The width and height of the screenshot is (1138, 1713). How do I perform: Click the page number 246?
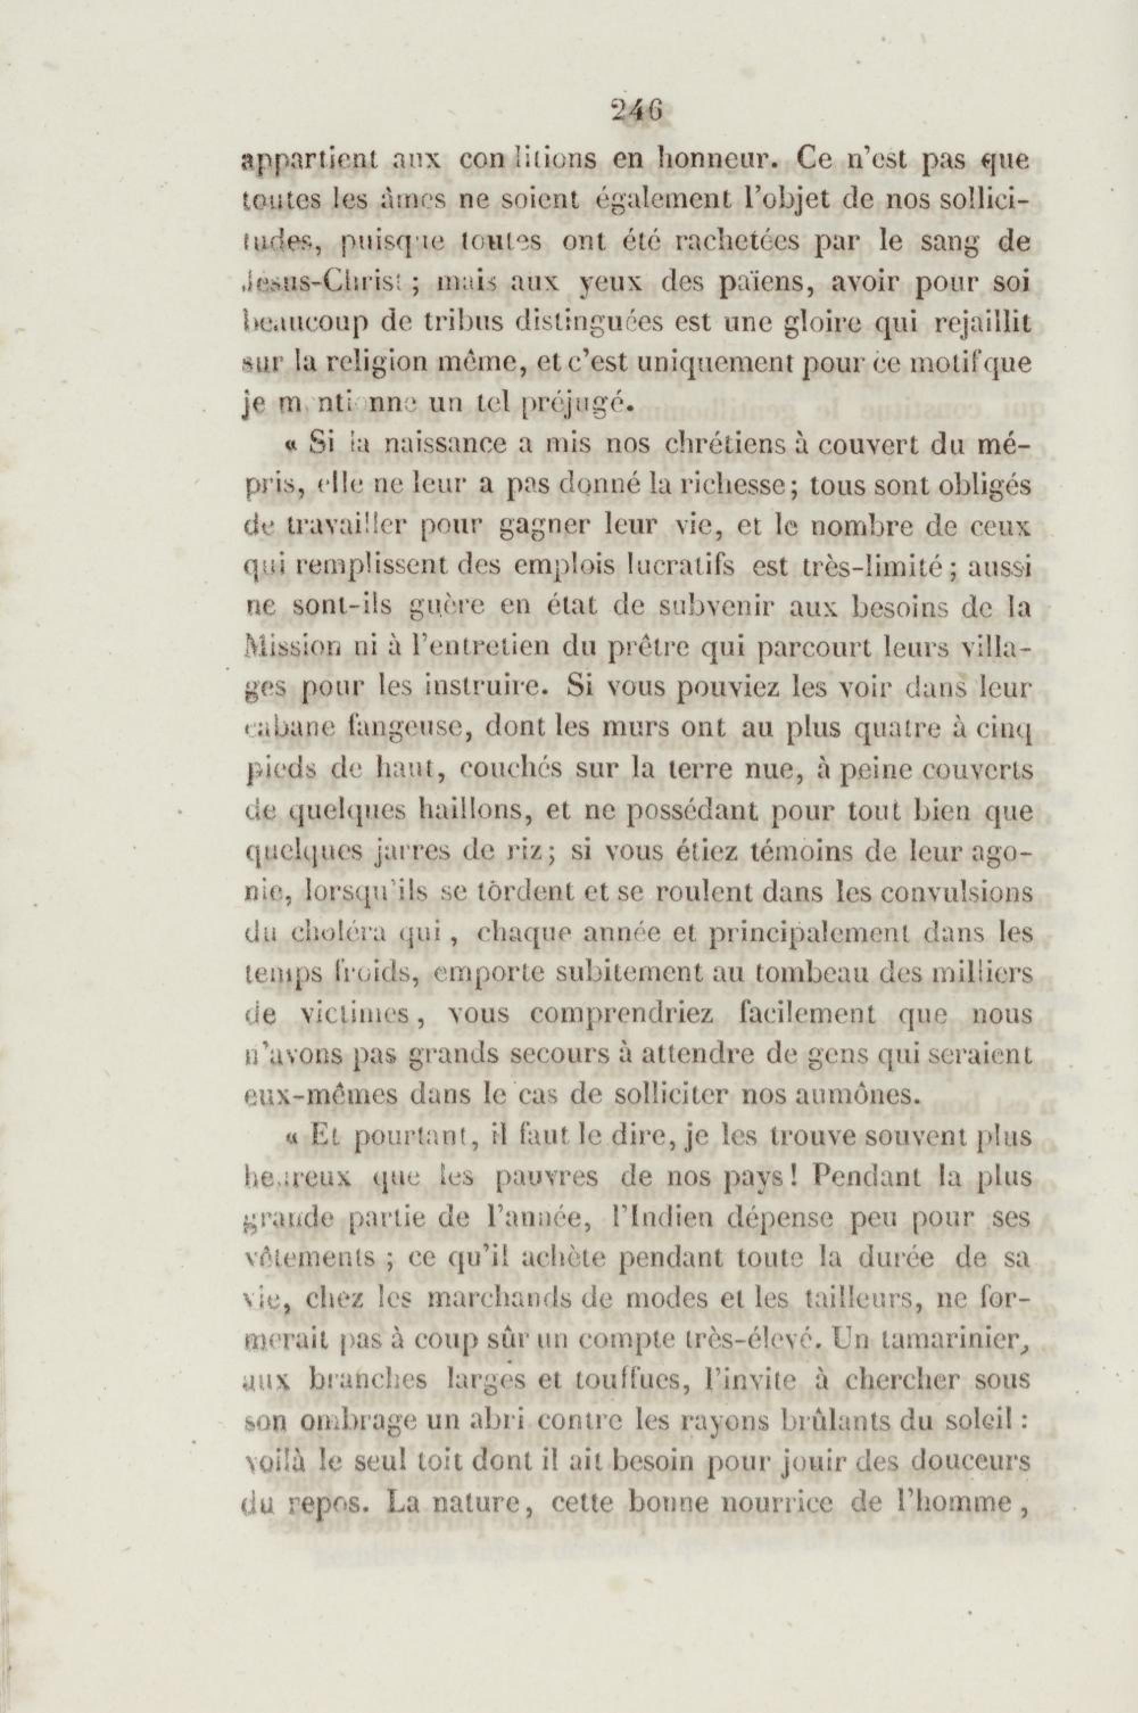click(x=636, y=111)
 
